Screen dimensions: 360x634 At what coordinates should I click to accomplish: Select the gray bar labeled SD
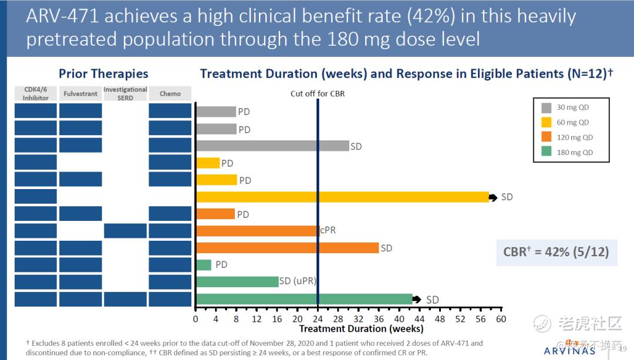point(272,146)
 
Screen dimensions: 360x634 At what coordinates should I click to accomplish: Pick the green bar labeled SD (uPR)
point(237,282)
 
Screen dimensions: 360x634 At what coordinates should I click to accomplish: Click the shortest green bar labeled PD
point(204,265)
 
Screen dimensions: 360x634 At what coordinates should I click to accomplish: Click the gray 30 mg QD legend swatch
point(547,107)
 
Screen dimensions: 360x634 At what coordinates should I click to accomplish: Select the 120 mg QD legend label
point(575,137)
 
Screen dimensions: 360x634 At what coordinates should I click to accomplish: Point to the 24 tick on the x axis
point(318,319)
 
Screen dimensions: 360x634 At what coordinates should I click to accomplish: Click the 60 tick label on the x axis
point(500,319)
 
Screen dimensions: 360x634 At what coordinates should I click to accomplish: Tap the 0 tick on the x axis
point(196,319)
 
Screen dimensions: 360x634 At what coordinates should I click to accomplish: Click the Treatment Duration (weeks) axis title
point(361,329)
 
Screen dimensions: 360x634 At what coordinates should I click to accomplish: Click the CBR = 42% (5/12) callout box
point(556,252)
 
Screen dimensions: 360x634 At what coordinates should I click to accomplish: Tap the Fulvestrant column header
point(80,94)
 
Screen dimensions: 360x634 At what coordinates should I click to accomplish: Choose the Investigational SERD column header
point(125,93)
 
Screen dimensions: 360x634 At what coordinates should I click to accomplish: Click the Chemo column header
point(170,94)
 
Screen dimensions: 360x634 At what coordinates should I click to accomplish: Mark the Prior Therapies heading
point(103,74)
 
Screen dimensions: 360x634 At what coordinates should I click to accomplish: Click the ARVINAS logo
point(570,351)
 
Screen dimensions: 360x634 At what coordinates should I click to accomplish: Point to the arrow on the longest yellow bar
point(493,197)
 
